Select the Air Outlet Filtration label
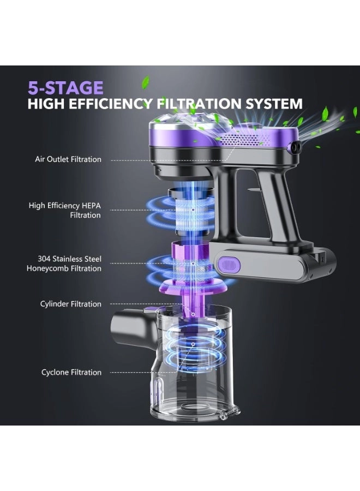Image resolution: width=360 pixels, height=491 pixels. click(68, 159)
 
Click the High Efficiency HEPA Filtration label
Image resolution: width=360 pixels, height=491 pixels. click(65, 210)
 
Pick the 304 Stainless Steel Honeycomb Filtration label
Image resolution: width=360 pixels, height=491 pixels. click(64, 264)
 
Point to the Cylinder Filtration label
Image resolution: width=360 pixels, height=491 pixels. click(70, 304)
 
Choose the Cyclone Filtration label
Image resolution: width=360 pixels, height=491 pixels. click(71, 372)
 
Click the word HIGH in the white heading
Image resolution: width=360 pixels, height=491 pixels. click(46, 104)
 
